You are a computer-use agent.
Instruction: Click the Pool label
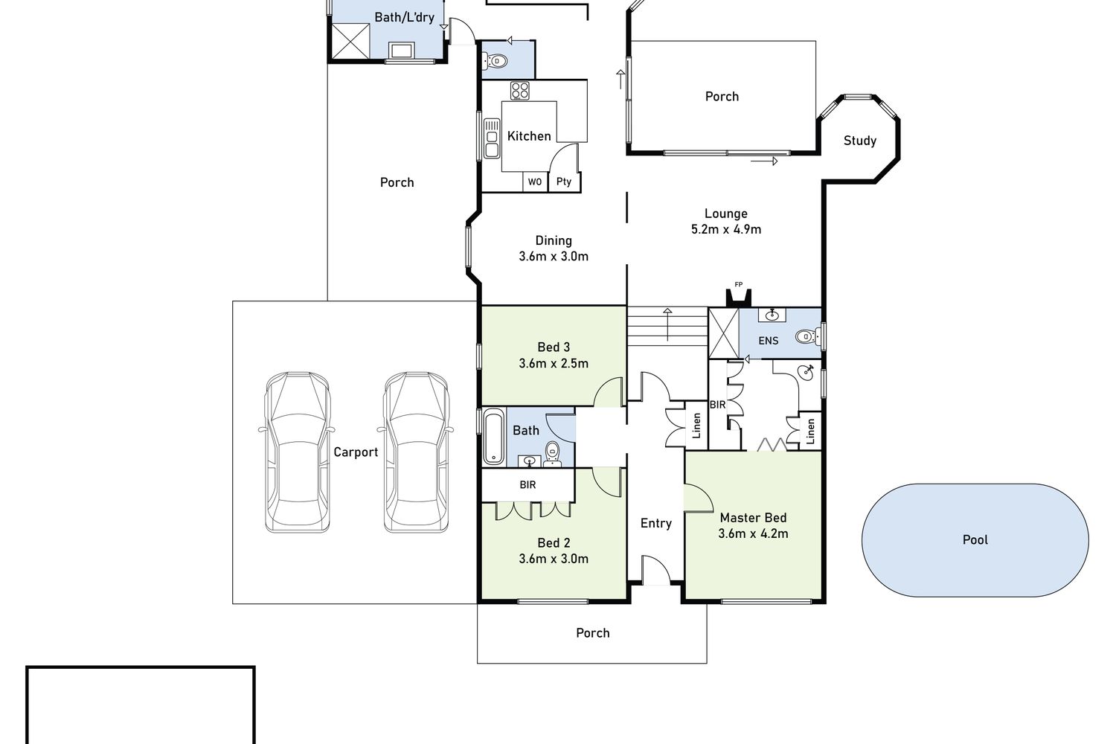coord(975,539)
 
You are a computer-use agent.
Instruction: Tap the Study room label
coord(860,141)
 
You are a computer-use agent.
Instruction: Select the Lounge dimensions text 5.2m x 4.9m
coord(726,229)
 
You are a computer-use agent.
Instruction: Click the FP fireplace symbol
coord(738,297)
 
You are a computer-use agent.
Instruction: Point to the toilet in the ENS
coord(806,336)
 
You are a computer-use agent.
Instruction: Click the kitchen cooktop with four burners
coord(519,91)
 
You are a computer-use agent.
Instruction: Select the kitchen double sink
coord(492,138)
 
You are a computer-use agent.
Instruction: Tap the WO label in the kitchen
coord(535,182)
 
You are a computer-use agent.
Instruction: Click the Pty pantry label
coord(564,182)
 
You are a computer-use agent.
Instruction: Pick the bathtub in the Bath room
coord(494,437)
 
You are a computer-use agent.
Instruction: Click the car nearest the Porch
coord(416,452)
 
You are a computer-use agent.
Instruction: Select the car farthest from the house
coord(297,452)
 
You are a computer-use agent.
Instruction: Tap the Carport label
coord(356,452)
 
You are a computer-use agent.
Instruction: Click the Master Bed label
coord(753,518)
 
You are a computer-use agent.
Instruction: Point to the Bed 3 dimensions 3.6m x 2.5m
coord(554,363)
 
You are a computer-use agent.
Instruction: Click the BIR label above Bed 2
coord(527,484)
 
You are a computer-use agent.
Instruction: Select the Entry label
coord(656,523)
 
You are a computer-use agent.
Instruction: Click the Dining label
coord(554,241)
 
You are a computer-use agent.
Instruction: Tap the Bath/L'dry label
coord(405,17)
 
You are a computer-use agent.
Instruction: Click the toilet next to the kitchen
coord(495,61)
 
